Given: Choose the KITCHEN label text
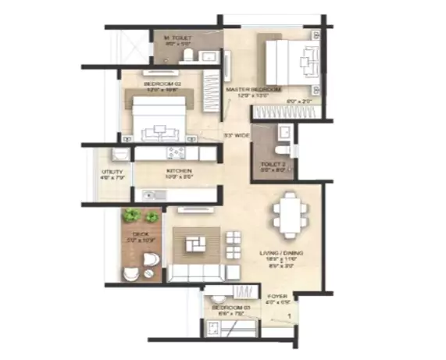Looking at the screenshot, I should click(178, 171).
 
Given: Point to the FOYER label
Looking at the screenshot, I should click(277, 296).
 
